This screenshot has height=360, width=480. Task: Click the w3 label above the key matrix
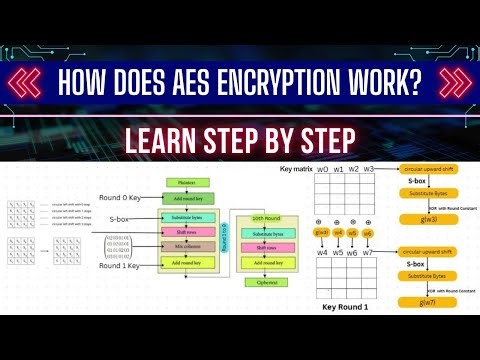pos(369,170)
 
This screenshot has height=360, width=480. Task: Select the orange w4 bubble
pos(337,232)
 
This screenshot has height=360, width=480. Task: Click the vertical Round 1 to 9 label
pos(224,236)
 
